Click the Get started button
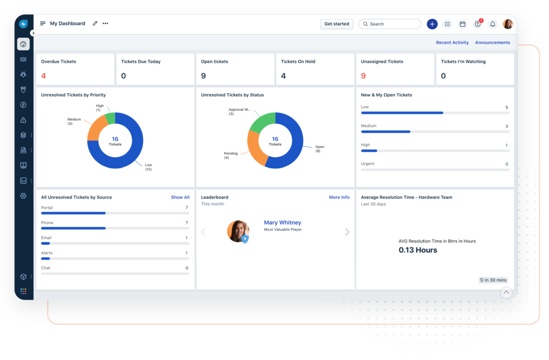pyautogui.click(x=337, y=24)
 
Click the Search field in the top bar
pyautogui.click(x=390, y=24)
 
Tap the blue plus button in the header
pyautogui.click(x=432, y=24)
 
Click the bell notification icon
pyautogui.click(x=493, y=24)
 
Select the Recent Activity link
pyautogui.click(x=452, y=43)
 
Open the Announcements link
pyautogui.click(x=492, y=43)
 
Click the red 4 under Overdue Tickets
pyautogui.click(x=43, y=76)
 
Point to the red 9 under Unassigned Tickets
pyautogui.click(x=363, y=76)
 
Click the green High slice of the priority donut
pyautogui.click(x=110, y=119)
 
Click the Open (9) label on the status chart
pyautogui.click(x=320, y=149)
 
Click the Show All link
pyautogui.click(x=180, y=198)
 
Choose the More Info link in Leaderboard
pyautogui.click(x=339, y=198)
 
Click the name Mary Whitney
pyautogui.click(x=283, y=223)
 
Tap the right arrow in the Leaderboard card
pyautogui.click(x=347, y=232)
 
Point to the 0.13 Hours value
pyautogui.click(x=418, y=250)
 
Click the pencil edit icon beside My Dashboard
pyautogui.click(x=95, y=24)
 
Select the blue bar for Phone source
pyautogui.click(x=73, y=228)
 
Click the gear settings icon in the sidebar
pyautogui.click(x=24, y=196)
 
